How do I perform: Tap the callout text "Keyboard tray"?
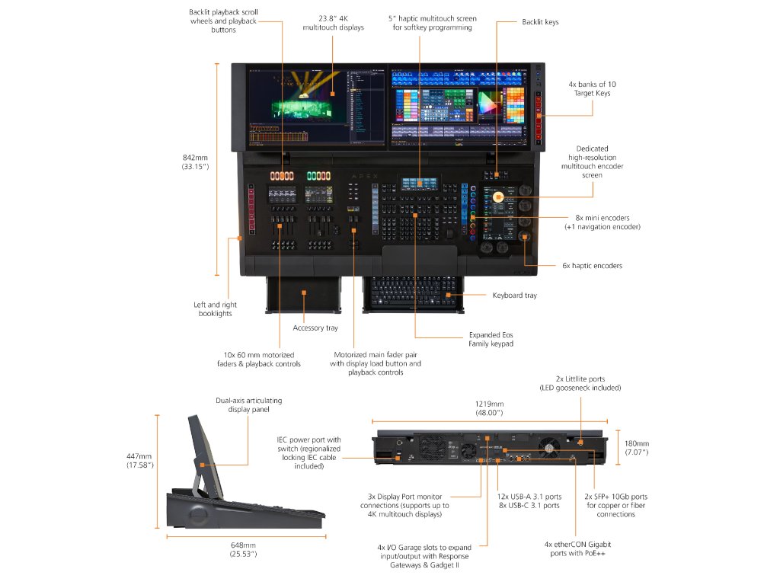514,295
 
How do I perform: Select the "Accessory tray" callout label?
315,328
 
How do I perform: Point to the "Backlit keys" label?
540,22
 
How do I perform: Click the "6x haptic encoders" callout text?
592,266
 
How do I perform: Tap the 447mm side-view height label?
140,461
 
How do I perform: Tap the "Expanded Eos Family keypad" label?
491,339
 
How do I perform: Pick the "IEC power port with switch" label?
308,452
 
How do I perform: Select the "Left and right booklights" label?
215,309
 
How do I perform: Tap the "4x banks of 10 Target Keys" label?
592,88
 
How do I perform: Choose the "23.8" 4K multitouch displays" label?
333,22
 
